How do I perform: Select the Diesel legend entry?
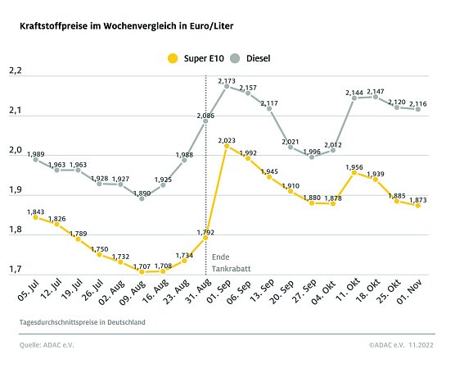pos(250,58)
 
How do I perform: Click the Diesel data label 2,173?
pos(227,80)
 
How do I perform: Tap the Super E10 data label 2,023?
pos(227,141)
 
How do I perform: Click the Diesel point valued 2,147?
pos(376,97)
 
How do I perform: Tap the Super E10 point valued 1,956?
pos(354,172)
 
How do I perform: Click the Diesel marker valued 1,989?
pos(35,160)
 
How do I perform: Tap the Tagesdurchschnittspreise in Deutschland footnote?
pos(83,322)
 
